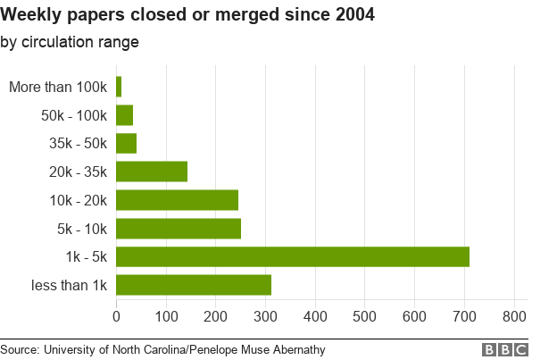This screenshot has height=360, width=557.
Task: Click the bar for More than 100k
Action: pyautogui.click(x=119, y=87)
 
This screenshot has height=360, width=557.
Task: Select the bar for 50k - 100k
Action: pyautogui.click(x=125, y=115)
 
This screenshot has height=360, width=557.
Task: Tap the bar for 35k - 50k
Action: pyautogui.click(x=127, y=143)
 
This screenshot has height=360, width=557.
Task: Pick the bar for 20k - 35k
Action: pyautogui.click(x=152, y=172)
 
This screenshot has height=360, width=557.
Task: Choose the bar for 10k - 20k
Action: pyautogui.click(x=177, y=200)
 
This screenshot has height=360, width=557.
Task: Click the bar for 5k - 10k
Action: pyautogui.click(x=179, y=229)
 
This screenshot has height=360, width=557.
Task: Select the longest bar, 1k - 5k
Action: pyautogui.click(x=293, y=256)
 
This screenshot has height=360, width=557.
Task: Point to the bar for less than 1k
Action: pyautogui.click(x=194, y=285)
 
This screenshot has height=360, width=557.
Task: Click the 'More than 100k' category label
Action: pyautogui.click(x=58, y=87)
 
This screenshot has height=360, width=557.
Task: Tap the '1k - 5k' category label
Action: pyautogui.click(x=87, y=257)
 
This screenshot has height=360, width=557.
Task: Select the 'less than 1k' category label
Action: pyautogui.click(x=71, y=286)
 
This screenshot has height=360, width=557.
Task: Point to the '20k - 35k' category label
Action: pyautogui.click(x=79, y=172)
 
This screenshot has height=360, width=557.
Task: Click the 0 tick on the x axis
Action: pyautogui.click(x=117, y=315)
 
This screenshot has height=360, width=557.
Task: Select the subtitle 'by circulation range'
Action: pyautogui.click(x=70, y=42)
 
